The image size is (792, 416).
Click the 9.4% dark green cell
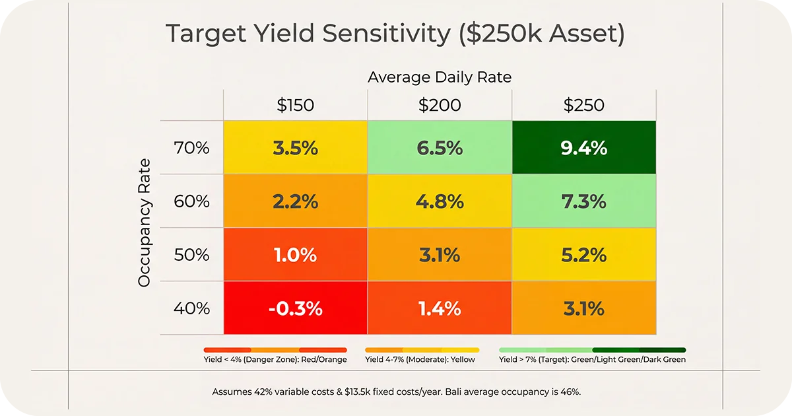pyautogui.click(x=584, y=148)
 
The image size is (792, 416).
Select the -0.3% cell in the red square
pyautogui.click(x=295, y=308)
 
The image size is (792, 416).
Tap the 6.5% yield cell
pyautogui.click(x=440, y=148)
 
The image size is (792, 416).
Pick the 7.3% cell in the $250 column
pyautogui.click(x=584, y=201)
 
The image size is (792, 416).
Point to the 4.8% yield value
pyautogui.click(x=440, y=201)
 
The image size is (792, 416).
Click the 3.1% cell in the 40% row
pyautogui.click(x=584, y=308)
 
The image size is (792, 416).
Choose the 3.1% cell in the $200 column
pyautogui.click(x=440, y=254)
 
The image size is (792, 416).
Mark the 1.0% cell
pyautogui.click(x=295, y=254)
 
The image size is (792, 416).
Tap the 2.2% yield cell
pyautogui.click(x=295, y=201)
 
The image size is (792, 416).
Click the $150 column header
pyautogui.click(x=295, y=106)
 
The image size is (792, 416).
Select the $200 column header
pyautogui.click(x=440, y=106)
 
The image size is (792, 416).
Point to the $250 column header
pyautogui.click(x=584, y=106)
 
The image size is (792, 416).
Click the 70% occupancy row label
pyautogui.click(x=192, y=148)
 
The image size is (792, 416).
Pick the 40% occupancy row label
pyautogui.click(x=192, y=308)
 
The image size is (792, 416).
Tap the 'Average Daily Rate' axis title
pyautogui.click(x=440, y=77)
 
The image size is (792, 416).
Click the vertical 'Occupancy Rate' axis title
pyautogui.click(x=145, y=223)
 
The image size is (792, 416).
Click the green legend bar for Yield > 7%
pyautogui.click(x=593, y=349)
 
